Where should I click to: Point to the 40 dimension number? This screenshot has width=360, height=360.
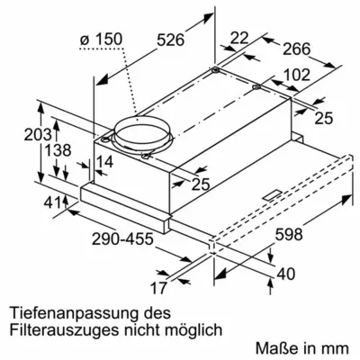coord(287,274)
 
